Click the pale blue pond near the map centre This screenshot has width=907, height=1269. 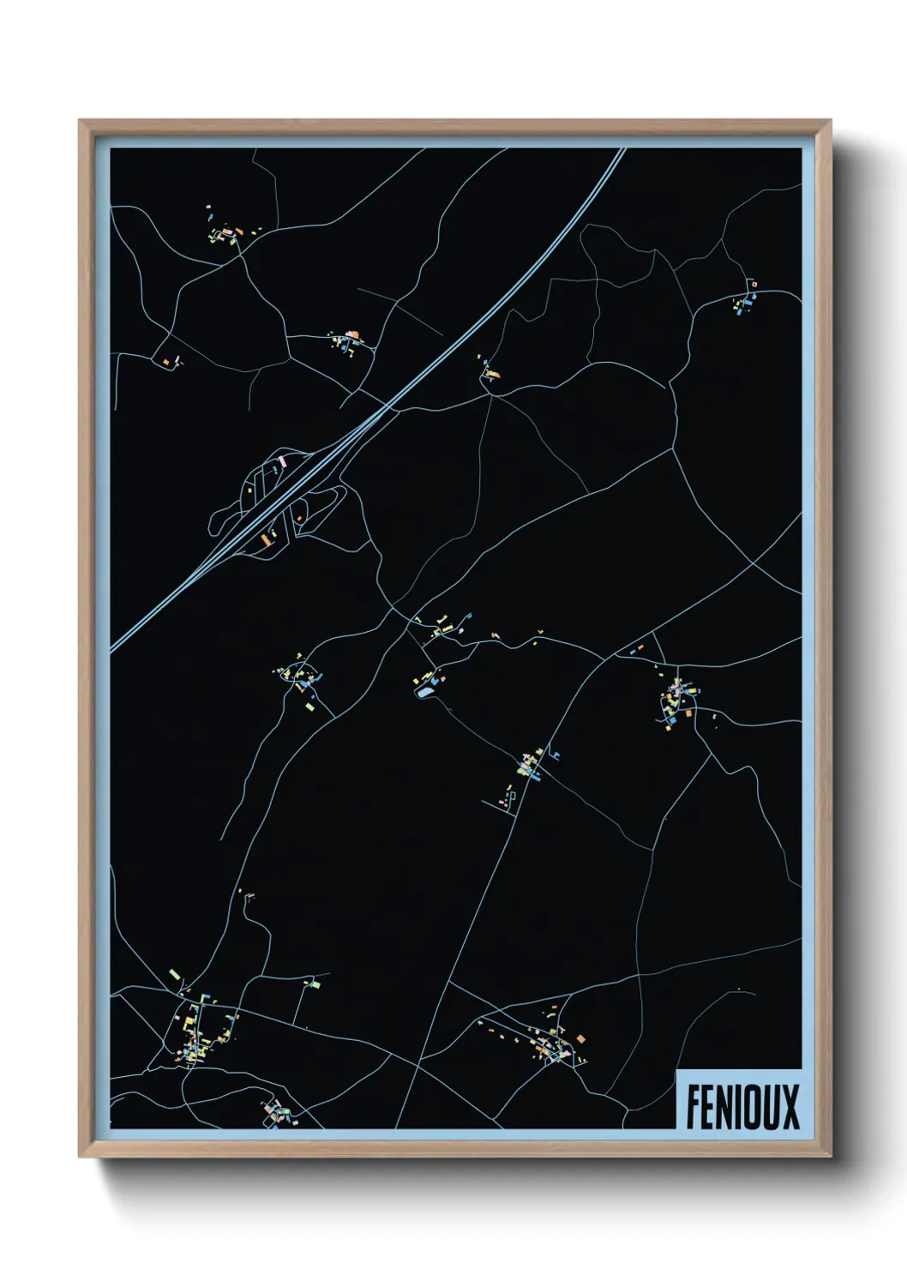tap(424, 690)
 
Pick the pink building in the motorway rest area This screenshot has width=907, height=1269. tap(284, 461)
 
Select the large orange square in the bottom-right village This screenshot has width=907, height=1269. tap(580, 1038)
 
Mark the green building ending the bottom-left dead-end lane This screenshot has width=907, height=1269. tap(314, 985)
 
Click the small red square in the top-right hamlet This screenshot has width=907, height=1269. tap(754, 283)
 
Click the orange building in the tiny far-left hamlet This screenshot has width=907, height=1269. tap(166, 361)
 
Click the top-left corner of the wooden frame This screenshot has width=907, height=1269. tap(80, 121)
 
